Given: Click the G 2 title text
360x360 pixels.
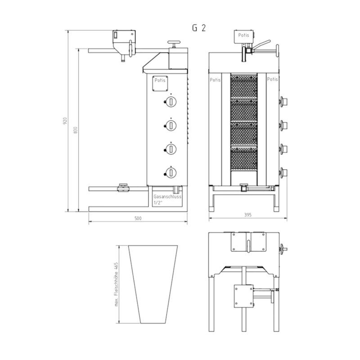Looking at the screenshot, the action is [x=199, y=28].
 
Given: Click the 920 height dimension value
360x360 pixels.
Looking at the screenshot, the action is [x=65, y=121].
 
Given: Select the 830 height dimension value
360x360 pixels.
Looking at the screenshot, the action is [x=76, y=130].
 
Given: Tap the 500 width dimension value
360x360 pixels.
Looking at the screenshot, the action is [x=138, y=218].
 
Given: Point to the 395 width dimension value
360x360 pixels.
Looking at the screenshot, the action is [x=248, y=215].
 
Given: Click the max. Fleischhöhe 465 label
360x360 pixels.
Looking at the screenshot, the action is [x=117, y=284].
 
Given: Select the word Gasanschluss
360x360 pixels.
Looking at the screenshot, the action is [x=167, y=197].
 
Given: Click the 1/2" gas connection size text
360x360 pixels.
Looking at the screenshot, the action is [x=158, y=203].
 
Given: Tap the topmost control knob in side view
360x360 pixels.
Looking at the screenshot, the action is [x=171, y=102].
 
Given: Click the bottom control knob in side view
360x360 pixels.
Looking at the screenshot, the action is [x=171, y=173].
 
